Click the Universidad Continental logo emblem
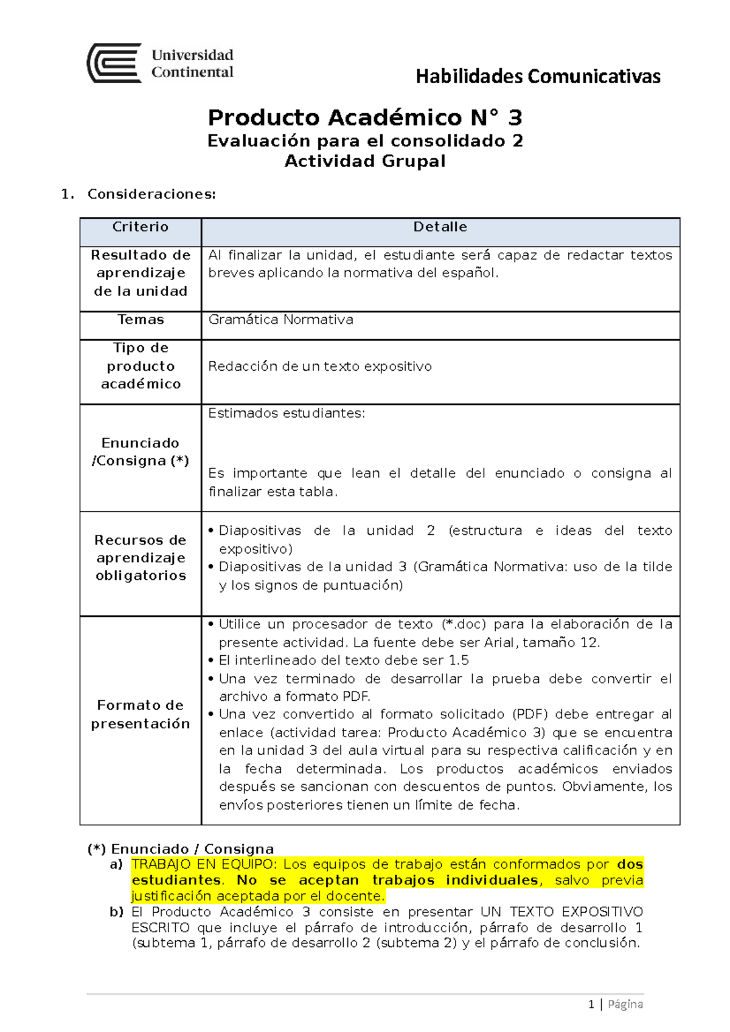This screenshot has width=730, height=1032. point(114,63)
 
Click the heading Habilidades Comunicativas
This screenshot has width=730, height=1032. point(538,77)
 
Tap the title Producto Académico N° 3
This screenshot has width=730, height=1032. point(365,117)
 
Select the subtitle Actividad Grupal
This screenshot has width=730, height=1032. point(365,161)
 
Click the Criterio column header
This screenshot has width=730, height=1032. point(141,227)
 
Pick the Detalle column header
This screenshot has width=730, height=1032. point(440,227)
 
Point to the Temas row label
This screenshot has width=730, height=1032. point(141,320)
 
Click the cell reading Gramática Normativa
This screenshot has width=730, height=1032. point(280,320)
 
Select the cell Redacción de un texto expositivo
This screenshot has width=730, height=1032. point(320,366)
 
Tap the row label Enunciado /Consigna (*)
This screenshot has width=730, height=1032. point(141,452)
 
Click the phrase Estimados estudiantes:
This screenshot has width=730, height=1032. point(287,413)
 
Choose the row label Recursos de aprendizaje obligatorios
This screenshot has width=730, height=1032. point(141,558)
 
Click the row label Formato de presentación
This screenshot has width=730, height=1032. point(141,714)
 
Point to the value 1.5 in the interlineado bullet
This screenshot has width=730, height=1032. point(459,661)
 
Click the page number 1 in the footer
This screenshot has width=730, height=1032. point(591,1004)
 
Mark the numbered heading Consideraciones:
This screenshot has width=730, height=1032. point(151,194)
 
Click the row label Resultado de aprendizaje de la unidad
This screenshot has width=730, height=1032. point(141,273)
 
